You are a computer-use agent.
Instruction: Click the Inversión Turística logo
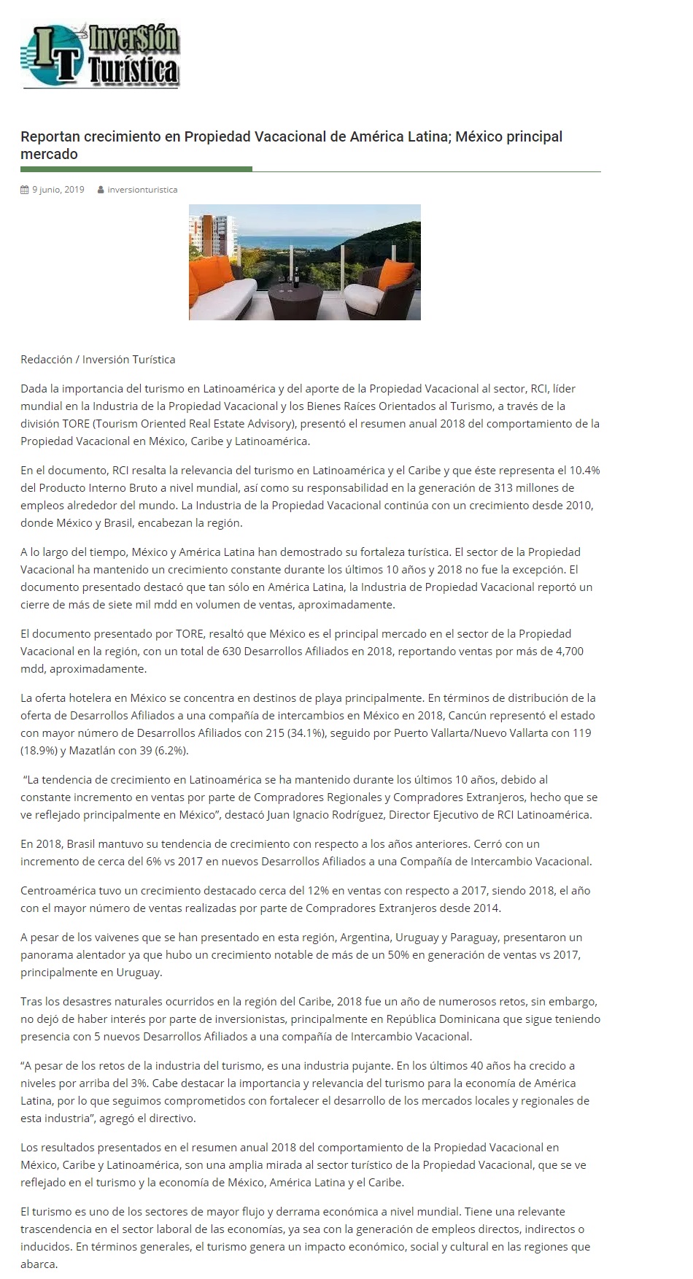pos(101,55)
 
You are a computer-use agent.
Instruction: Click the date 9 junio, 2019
pos(58,190)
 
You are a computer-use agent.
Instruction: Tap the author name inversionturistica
pos(142,190)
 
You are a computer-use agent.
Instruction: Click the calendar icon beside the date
pos(24,190)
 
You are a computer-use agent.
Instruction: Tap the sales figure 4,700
pos(568,652)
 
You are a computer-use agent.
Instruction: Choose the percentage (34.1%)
pos(269,733)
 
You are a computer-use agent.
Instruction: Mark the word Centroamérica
pos(55,891)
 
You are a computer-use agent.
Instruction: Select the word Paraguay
pos(475,938)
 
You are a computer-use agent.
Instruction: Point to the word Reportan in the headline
pos(50,137)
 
